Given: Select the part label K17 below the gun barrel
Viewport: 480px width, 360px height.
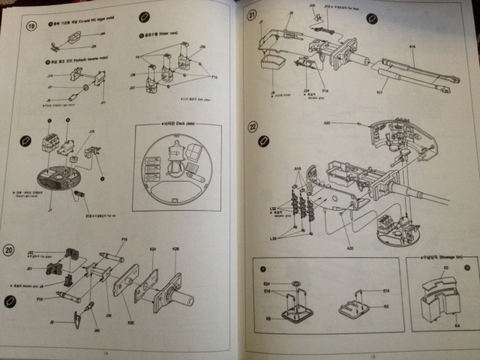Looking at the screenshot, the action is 379,92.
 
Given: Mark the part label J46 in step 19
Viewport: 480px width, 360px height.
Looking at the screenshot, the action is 103,34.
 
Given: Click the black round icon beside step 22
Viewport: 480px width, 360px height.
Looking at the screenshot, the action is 262,142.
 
